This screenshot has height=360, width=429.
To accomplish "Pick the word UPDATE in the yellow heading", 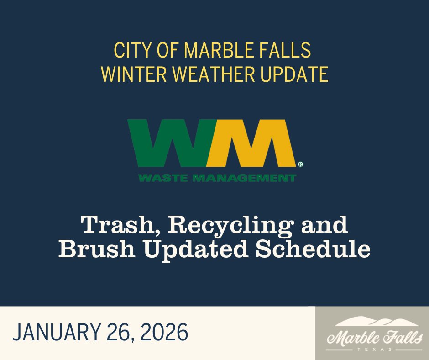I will tap(299, 74).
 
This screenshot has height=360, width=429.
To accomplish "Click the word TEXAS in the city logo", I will tap(372, 349).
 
